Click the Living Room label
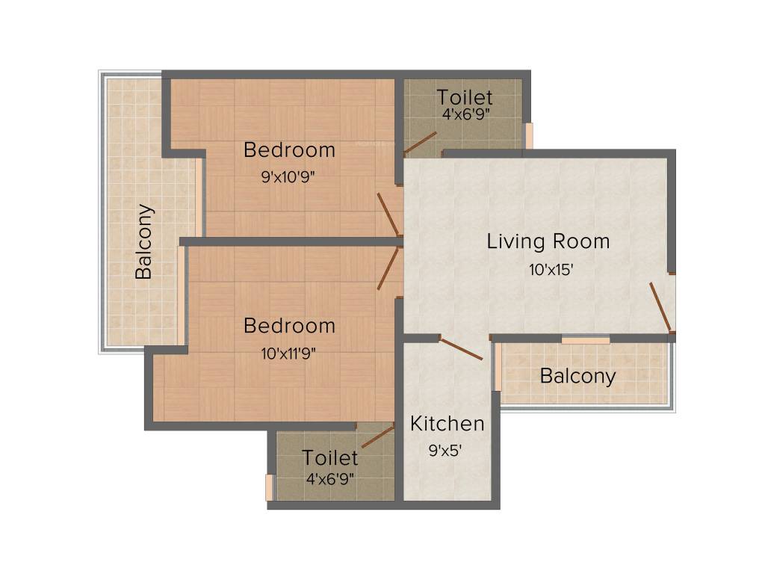[548, 241]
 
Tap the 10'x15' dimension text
[551, 269]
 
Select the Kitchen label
[447, 424]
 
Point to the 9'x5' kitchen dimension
[445, 450]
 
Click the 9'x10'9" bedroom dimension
[288, 176]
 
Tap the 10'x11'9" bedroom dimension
[288, 353]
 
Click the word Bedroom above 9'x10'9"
[289, 149]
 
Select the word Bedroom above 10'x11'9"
[289, 326]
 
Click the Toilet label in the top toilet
[465, 97]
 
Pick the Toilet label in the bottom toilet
[330, 458]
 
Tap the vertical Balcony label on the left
[143, 241]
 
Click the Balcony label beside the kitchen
[577, 377]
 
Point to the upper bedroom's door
[388, 214]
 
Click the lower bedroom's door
[388, 268]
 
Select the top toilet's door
[420, 142]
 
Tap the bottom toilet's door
[378, 436]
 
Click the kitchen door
[461, 348]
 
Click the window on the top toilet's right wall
[528, 135]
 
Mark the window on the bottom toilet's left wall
[269, 487]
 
